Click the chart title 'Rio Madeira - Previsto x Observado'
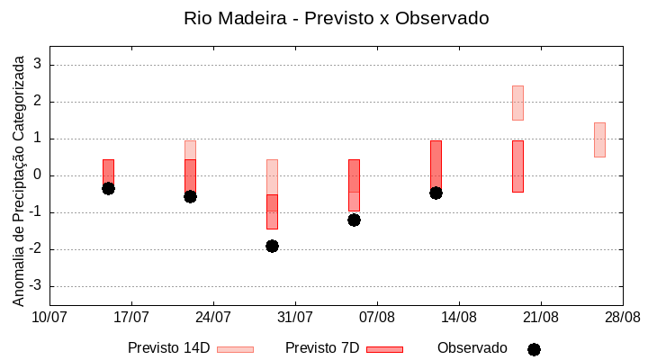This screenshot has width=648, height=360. click(336, 18)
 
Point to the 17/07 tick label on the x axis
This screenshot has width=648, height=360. click(131, 317)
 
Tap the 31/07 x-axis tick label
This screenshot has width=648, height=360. click(295, 317)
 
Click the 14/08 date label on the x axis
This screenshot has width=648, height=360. click(459, 317)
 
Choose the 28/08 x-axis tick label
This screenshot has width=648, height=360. click(622, 317)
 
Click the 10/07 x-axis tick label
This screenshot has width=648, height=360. click(49, 317)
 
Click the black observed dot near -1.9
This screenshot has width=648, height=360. click(272, 246)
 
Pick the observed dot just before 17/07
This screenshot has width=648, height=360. click(108, 188)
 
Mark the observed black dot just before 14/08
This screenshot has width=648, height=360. click(436, 193)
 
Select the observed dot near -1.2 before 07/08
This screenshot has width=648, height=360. click(354, 220)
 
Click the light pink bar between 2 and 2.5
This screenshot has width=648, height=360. click(517, 103)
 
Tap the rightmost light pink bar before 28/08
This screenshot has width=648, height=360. click(599, 139)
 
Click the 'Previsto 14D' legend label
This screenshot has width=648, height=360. click(168, 348)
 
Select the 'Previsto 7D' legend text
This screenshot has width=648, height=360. click(322, 348)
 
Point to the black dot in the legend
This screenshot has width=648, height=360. click(534, 349)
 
